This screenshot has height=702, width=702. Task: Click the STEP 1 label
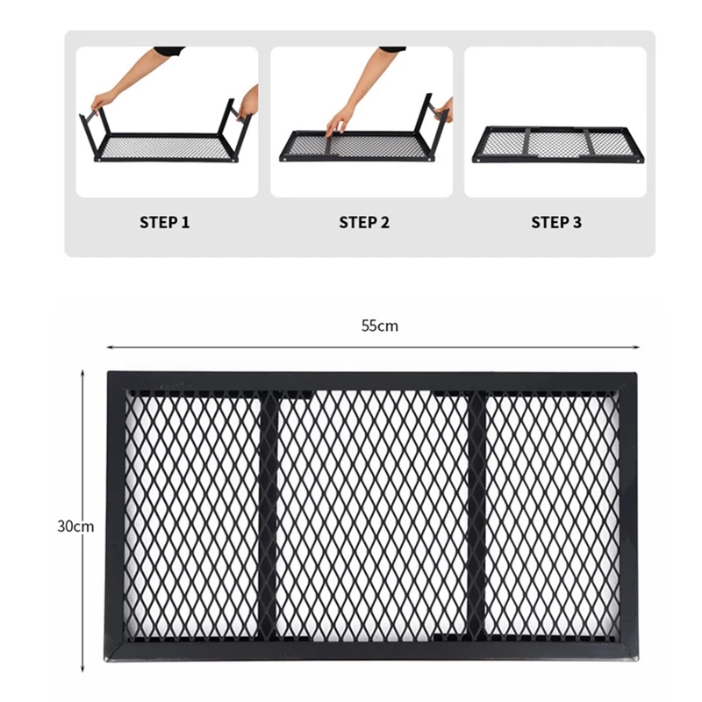point(164,223)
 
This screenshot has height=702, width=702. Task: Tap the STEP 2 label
point(364,223)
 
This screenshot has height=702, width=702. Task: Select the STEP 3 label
point(556,223)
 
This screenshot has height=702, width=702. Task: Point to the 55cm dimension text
point(380,326)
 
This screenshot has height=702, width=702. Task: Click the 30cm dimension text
point(75,526)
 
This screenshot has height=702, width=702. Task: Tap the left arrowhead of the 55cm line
point(109,347)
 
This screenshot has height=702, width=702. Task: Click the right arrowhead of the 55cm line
point(636,347)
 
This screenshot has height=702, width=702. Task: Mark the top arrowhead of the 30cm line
point(82,372)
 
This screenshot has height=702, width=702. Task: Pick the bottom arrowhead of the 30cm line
point(82,669)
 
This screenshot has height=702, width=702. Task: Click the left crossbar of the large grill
point(269,515)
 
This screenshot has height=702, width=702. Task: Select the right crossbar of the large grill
point(476,515)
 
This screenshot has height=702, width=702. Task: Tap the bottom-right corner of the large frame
point(638,660)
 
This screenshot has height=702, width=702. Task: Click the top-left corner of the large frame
point(108,371)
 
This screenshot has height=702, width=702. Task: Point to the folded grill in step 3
point(558,145)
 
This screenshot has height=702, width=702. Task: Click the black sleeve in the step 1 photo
point(169,50)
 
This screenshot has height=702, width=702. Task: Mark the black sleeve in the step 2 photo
point(392,49)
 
